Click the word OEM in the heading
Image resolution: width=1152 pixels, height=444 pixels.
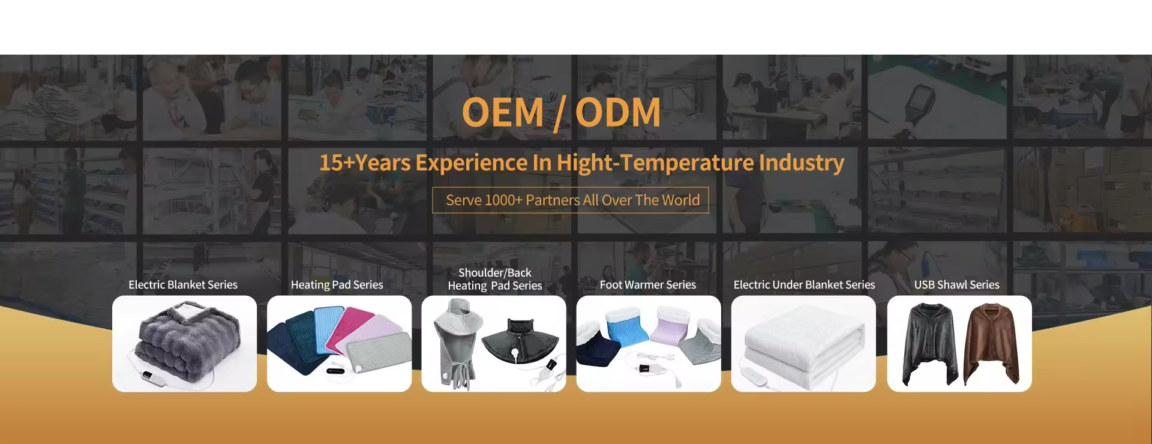click(x=503, y=113)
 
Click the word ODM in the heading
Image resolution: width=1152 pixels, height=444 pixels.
click(x=618, y=113)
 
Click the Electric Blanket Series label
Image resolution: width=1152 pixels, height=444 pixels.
click(x=183, y=285)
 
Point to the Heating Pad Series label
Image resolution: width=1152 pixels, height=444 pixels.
click(x=337, y=285)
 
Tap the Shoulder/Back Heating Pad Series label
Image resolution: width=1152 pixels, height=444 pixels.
click(x=495, y=279)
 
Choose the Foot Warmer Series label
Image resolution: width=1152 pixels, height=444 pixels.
click(x=648, y=285)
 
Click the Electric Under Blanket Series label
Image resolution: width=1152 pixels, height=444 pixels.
click(x=804, y=285)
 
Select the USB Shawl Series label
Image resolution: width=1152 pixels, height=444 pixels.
click(x=957, y=285)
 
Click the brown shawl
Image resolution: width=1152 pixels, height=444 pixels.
click(x=991, y=343)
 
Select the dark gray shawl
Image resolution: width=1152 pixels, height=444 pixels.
click(x=931, y=343)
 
